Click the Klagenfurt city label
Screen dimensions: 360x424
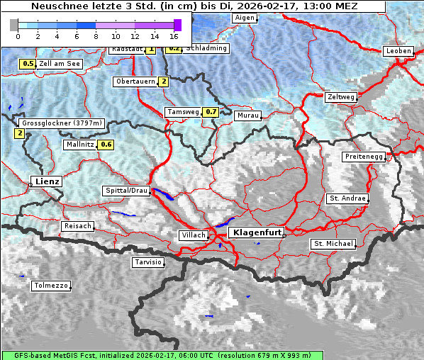coord(257,232)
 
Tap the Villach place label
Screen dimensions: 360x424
coord(193,235)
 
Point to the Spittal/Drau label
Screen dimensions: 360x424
coord(126,191)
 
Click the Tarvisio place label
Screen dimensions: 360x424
coord(148,262)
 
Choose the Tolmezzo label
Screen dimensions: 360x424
coord(50,286)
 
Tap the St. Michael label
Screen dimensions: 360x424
coord(333,244)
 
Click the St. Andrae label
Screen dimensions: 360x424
coord(347,198)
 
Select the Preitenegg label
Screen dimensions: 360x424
coord(364,157)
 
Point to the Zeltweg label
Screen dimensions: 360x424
coord(341,96)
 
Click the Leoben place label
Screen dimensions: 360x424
coord(397,51)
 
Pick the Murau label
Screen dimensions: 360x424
coord(247,115)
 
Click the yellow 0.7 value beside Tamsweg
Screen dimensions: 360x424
coord(211,112)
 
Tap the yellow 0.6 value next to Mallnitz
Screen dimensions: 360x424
coord(106,145)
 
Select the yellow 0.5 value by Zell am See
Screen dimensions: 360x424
coord(28,64)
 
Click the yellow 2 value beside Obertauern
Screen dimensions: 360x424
coord(164,81)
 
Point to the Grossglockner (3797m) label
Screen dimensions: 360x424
coord(62,123)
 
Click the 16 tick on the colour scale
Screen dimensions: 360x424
coord(174,35)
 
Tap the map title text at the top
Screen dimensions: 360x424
coord(195,6)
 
